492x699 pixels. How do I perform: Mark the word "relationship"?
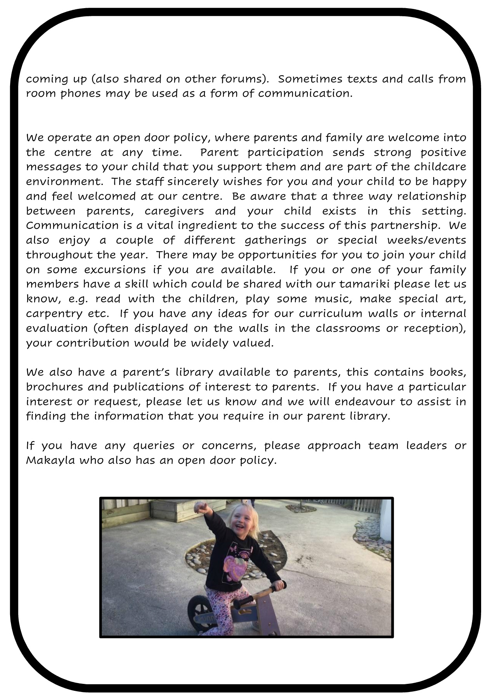(x=431, y=196)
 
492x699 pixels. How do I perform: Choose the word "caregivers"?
(x=174, y=211)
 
